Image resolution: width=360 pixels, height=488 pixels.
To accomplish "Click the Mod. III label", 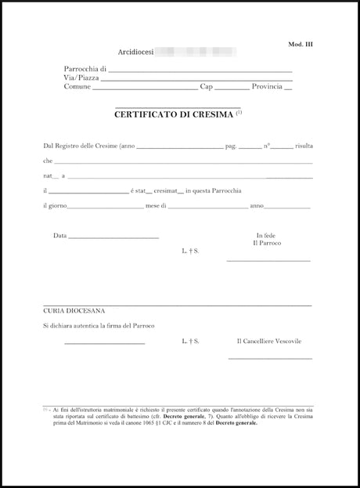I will (x=301, y=45).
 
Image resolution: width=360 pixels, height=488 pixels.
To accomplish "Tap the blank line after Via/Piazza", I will (x=196, y=80).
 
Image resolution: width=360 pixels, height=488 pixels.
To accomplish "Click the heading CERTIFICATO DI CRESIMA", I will (x=174, y=114).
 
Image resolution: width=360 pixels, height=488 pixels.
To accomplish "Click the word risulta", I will (x=304, y=146).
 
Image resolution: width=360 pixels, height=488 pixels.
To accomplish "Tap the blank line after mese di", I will (x=207, y=208).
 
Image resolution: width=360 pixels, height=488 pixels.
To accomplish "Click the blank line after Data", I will (x=114, y=237).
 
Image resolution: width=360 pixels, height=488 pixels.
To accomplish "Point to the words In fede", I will (x=267, y=236).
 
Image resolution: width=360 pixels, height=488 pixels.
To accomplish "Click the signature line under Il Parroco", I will (x=268, y=260).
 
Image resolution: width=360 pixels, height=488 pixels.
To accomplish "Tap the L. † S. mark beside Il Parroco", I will (x=190, y=251).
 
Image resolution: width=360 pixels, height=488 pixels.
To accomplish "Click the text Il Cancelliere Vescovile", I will (x=269, y=342).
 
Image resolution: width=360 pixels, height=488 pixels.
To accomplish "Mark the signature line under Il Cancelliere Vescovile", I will (x=270, y=359).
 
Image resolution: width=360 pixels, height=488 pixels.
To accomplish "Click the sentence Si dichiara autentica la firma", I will (x=98, y=325).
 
